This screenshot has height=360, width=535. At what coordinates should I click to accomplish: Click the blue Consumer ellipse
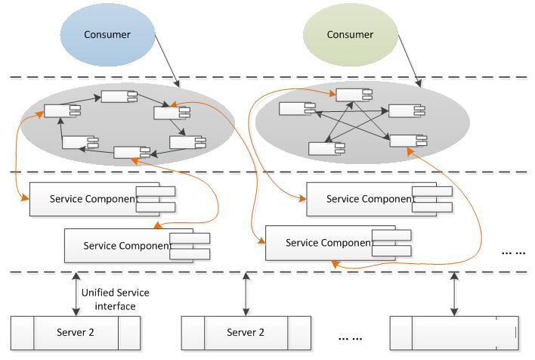107,35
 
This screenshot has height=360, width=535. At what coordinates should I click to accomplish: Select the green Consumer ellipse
351,35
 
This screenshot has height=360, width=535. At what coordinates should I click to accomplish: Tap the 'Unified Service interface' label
116,299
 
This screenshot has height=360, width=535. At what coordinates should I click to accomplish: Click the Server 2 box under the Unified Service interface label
76,333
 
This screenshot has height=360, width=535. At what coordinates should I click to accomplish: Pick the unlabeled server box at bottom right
454,333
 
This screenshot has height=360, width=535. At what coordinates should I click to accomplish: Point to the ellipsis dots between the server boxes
350,339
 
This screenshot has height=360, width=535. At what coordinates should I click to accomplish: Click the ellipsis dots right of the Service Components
513,253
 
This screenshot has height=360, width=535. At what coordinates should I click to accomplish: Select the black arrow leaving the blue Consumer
167,61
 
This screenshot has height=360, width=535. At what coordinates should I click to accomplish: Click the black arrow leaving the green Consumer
410,61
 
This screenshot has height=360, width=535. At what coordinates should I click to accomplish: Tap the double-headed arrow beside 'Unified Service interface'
76,294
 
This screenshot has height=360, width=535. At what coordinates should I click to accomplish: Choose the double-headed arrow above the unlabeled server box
454,294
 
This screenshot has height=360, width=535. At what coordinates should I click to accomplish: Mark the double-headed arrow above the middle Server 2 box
246,294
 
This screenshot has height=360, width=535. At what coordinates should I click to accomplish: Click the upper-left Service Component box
102,199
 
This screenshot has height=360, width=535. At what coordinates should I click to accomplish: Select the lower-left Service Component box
138,246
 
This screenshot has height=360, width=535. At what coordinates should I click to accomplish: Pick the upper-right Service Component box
379,199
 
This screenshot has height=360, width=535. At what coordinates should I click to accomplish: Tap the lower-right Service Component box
339,243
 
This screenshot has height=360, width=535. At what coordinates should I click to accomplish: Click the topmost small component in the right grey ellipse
354,95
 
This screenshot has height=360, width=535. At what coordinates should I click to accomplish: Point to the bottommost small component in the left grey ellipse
131,152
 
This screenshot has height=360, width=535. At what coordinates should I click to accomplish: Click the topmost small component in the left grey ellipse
119,96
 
